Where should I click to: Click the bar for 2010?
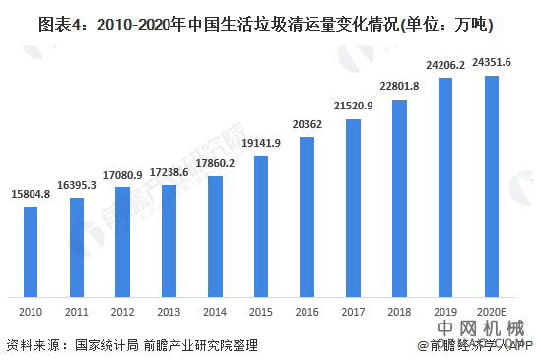(31, 251)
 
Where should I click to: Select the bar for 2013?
(169, 242)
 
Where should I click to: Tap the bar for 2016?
(306, 216)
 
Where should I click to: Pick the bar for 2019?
(445, 186)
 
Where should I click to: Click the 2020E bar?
(492, 185)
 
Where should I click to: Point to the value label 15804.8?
(31, 195)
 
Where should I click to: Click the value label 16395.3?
(77, 185)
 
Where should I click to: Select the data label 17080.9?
(123, 176)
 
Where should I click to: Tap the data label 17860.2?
(215, 163)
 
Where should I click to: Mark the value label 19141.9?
(261, 144)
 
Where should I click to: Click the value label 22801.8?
(399, 87)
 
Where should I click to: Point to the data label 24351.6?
(492, 63)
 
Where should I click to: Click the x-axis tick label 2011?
(77, 311)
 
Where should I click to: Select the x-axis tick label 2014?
(215, 311)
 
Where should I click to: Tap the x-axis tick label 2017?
(353, 311)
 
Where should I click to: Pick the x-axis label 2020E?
(492, 311)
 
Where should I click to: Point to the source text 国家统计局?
(106, 345)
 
